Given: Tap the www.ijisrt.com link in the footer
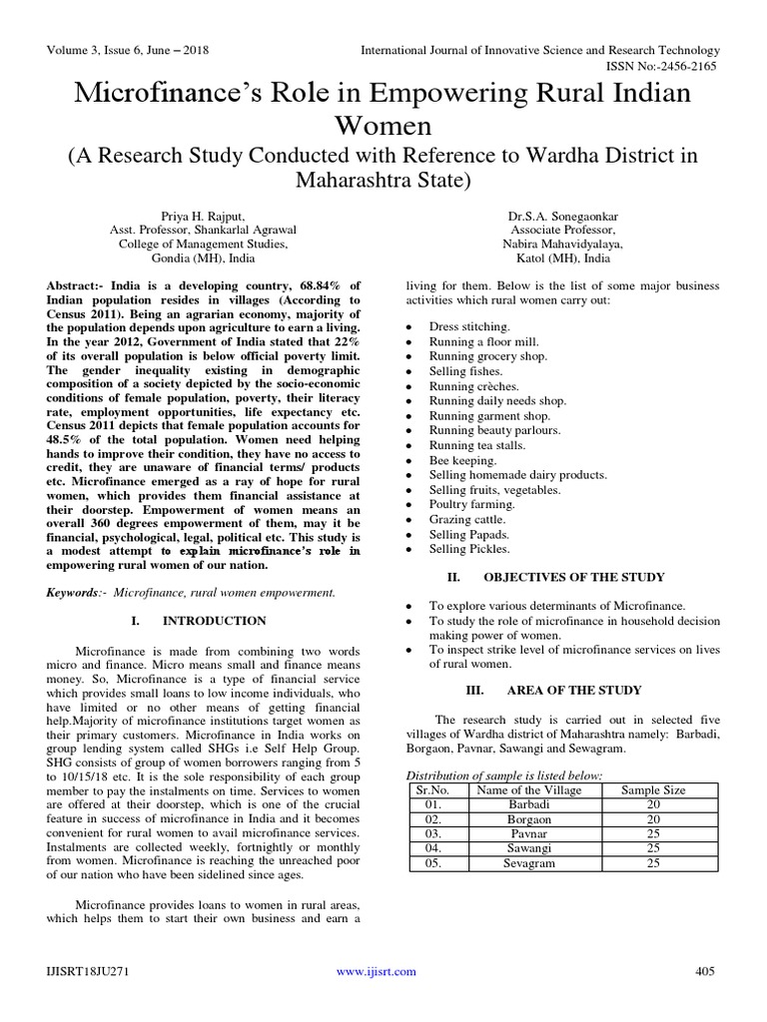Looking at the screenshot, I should (377, 971).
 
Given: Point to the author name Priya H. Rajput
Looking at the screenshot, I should (203, 214).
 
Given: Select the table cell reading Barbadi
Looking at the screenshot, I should (529, 804).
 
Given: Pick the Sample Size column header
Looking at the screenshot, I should (653, 789).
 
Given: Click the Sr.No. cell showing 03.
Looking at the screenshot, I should (431, 833).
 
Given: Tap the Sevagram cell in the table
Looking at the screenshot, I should (529, 862).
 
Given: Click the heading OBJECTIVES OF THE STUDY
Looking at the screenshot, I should (573, 577).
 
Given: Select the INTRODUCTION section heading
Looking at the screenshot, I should (215, 620).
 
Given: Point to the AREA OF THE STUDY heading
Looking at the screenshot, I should (574, 690).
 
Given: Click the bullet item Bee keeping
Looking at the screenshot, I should (462, 460).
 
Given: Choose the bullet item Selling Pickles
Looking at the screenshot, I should (469, 549).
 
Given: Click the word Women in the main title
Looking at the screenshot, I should (383, 127).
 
